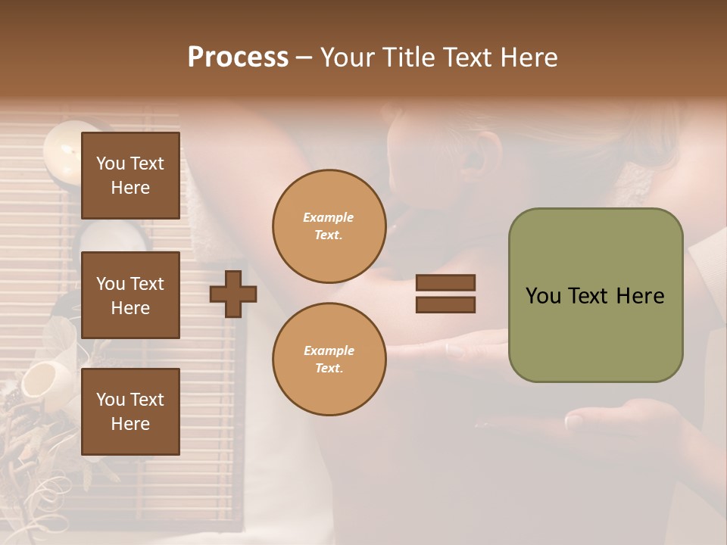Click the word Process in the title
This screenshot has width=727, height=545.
tap(238, 58)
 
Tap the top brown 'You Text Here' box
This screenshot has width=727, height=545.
tap(130, 176)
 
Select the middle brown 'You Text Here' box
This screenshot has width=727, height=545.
tap(130, 295)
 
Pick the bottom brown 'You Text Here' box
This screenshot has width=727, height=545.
tap(130, 412)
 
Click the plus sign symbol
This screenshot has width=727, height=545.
tap(233, 294)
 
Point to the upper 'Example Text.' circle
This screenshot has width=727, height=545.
tap(329, 226)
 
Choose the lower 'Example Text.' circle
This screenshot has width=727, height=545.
tap(329, 359)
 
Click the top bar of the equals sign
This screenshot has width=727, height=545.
tap(445, 282)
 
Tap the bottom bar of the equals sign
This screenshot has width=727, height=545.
tap(445, 304)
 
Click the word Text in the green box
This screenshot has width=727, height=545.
tap(594, 296)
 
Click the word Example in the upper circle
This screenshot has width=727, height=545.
tap(329, 217)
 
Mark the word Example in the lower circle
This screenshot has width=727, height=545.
tap(329, 350)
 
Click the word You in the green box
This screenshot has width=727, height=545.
tap(543, 296)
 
